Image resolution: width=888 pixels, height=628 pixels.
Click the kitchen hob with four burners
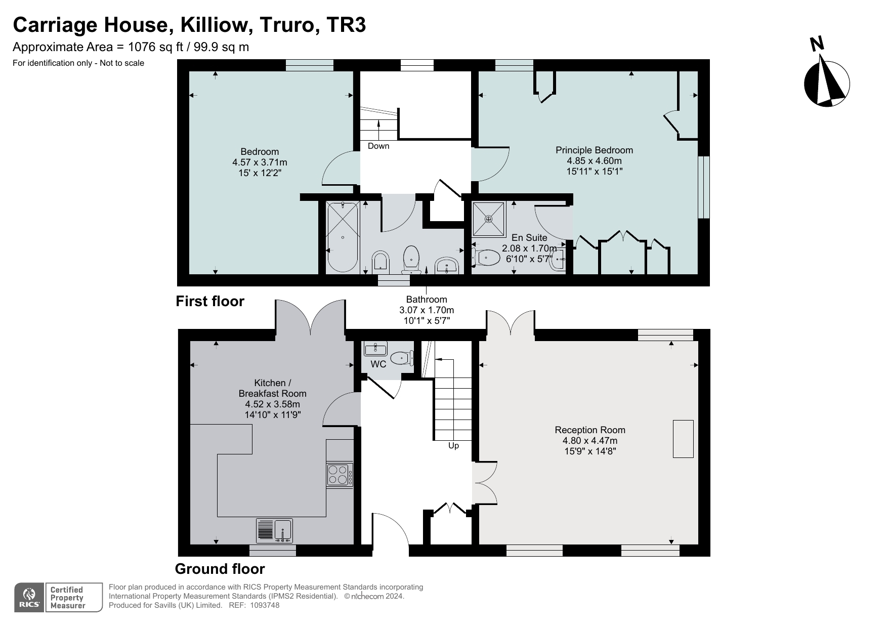pyautogui.click(x=340, y=475)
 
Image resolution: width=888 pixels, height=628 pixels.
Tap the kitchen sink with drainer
pyautogui.click(x=275, y=531)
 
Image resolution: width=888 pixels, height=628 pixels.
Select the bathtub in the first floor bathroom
pyautogui.click(x=343, y=237)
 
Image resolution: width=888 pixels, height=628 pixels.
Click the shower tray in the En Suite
pyautogui.click(x=488, y=219)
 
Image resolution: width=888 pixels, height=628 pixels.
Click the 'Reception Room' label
pyautogui.click(x=589, y=430)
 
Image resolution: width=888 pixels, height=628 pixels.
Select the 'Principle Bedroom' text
pyautogui.click(x=594, y=150)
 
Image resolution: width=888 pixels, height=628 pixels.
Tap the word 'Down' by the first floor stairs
pyautogui.click(x=378, y=146)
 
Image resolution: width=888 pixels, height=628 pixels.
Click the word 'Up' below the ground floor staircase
pyautogui.click(x=453, y=446)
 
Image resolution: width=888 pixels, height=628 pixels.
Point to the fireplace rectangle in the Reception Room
pyautogui.click(x=683, y=439)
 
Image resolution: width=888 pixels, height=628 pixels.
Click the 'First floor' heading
pyautogui.click(x=209, y=302)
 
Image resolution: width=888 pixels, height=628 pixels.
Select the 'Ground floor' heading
pyautogui.click(x=220, y=569)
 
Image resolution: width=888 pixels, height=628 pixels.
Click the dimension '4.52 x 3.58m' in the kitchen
pyautogui.click(x=272, y=404)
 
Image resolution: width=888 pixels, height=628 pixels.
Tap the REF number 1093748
pyautogui.click(x=261, y=605)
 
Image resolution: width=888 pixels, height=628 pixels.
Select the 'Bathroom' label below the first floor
pyautogui.click(x=427, y=300)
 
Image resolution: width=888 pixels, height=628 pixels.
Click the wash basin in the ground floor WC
pyautogui.click(x=375, y=348)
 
